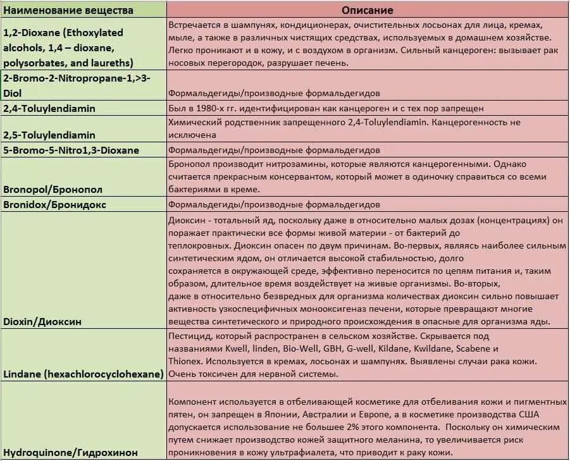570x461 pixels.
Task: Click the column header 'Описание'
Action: tap(367, 10)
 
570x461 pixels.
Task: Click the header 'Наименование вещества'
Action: tap(69, 10)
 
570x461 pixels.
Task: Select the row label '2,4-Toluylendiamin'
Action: tap(49, 108)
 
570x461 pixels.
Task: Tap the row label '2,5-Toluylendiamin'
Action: tap(49, 135)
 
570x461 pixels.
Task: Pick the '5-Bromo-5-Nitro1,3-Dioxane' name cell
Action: tap(71, 151)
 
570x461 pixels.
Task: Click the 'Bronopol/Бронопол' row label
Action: tap(53, 189)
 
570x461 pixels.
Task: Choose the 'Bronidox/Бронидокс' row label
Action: tap(55, 205)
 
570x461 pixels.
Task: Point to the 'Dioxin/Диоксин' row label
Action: tap(42, 321)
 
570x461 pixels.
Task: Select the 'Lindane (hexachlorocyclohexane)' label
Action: tap(84, 374)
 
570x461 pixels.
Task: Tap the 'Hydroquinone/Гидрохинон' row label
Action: tap(71, 453)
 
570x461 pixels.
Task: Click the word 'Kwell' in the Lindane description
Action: tap(237, 348)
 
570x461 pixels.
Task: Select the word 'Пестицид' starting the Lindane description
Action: tap(189, 336)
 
